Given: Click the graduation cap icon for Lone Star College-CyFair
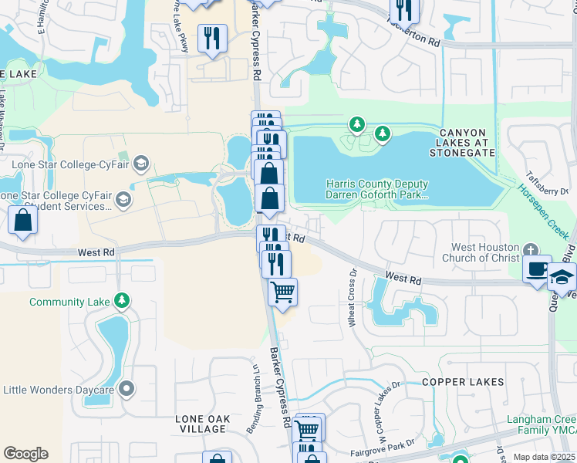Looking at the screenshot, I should [x=140, y=163].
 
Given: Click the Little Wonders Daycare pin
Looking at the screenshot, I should [x=127, y=390].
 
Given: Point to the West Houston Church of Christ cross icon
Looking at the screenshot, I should [x=529, y=251].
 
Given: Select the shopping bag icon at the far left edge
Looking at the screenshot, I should [x=24, y=220].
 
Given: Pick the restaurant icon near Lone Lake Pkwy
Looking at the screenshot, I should [x=212, y=38].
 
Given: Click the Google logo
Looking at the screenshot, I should [x=25, y=454].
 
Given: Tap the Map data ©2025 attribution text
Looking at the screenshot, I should [x=543, y=457].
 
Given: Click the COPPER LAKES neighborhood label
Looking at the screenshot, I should [x=463, y=382].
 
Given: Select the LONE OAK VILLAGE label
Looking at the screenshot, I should [x=202, y=424].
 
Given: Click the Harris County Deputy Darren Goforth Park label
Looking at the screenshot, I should [x=376, y=191].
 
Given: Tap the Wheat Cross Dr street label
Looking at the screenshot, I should [x=353, y=297].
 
